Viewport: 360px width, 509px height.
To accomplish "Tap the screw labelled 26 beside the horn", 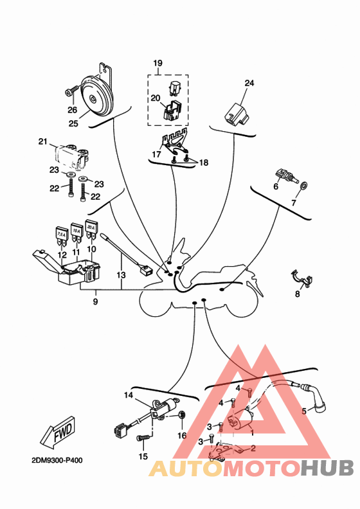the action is coord(72,90).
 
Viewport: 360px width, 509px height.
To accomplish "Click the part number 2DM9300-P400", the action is coord(57,460).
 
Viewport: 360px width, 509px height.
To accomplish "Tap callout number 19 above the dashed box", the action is coord(157,62).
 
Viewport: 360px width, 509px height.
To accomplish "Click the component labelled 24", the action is coord(236,114).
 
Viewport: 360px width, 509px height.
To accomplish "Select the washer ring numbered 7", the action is coord(304,186).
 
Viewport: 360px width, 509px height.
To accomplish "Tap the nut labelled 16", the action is coord(183,415).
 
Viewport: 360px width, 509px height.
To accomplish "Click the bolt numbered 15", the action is coord(143,438).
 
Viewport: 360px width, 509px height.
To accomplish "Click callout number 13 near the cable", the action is coord(121,275).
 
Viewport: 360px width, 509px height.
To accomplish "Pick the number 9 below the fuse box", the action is coord(95,301).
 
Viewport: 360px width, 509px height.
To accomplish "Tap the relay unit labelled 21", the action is coord(72,157).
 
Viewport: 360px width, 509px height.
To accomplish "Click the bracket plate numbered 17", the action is coord(175,143).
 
